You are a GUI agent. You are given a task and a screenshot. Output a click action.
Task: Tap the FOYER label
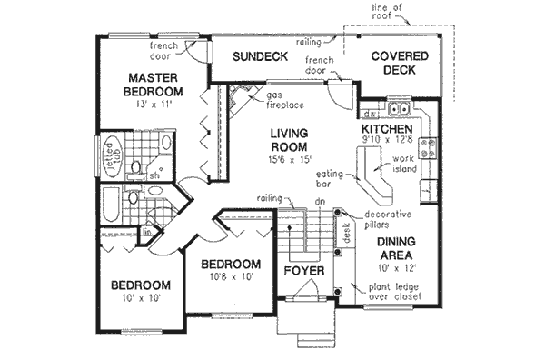300,270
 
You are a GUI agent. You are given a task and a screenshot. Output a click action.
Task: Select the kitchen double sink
399,113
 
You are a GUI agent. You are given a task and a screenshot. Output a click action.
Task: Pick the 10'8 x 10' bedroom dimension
232,278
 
